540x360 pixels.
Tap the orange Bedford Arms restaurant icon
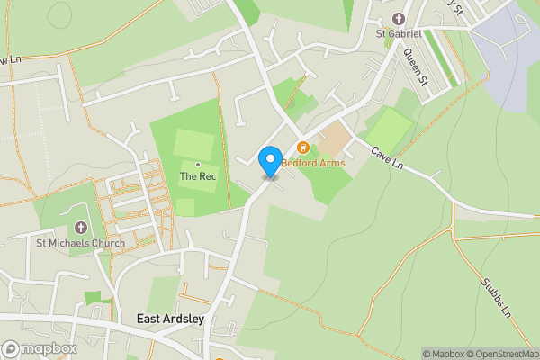point(303,148)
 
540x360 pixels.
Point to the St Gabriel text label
point(399,34)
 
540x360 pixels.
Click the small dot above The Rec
point(198,165)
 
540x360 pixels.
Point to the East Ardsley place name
point(171,319)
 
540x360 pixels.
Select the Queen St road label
point(414,66)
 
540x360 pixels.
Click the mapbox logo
point(40,348)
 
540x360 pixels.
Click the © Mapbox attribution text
point(444,354)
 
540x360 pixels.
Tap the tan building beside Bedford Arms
point(333,139)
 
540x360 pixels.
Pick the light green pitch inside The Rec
point(193,144)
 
